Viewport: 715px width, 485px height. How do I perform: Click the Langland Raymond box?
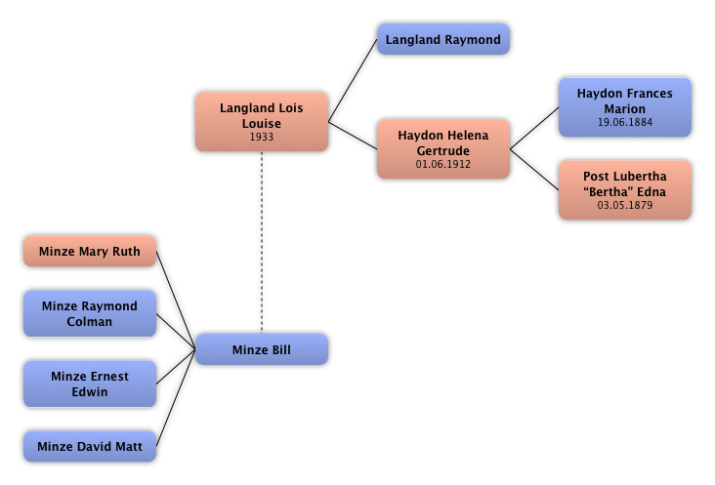442,40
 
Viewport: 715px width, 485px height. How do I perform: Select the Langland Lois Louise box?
261,122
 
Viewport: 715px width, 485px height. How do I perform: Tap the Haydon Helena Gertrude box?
442,149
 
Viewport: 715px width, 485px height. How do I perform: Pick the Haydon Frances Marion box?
624,107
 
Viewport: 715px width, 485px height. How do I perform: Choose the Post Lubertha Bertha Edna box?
624,190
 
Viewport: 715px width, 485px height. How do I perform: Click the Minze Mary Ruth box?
90,251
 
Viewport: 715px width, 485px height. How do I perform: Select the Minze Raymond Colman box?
90,313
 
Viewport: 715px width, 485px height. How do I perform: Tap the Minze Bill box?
261,349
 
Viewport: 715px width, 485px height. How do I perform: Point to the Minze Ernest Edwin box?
90,384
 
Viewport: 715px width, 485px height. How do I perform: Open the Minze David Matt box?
90,447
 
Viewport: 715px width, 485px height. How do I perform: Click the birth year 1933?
261,138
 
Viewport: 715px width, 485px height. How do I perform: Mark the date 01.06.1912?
442,165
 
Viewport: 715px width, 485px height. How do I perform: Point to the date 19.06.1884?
624,123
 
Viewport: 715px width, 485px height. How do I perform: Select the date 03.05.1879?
624,206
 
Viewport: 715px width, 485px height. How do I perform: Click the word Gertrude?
442,151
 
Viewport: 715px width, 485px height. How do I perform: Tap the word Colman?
90,322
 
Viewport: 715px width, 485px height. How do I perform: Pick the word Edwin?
90,392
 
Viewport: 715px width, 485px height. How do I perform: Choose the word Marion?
624,109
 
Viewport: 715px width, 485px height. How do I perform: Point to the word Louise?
261,124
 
